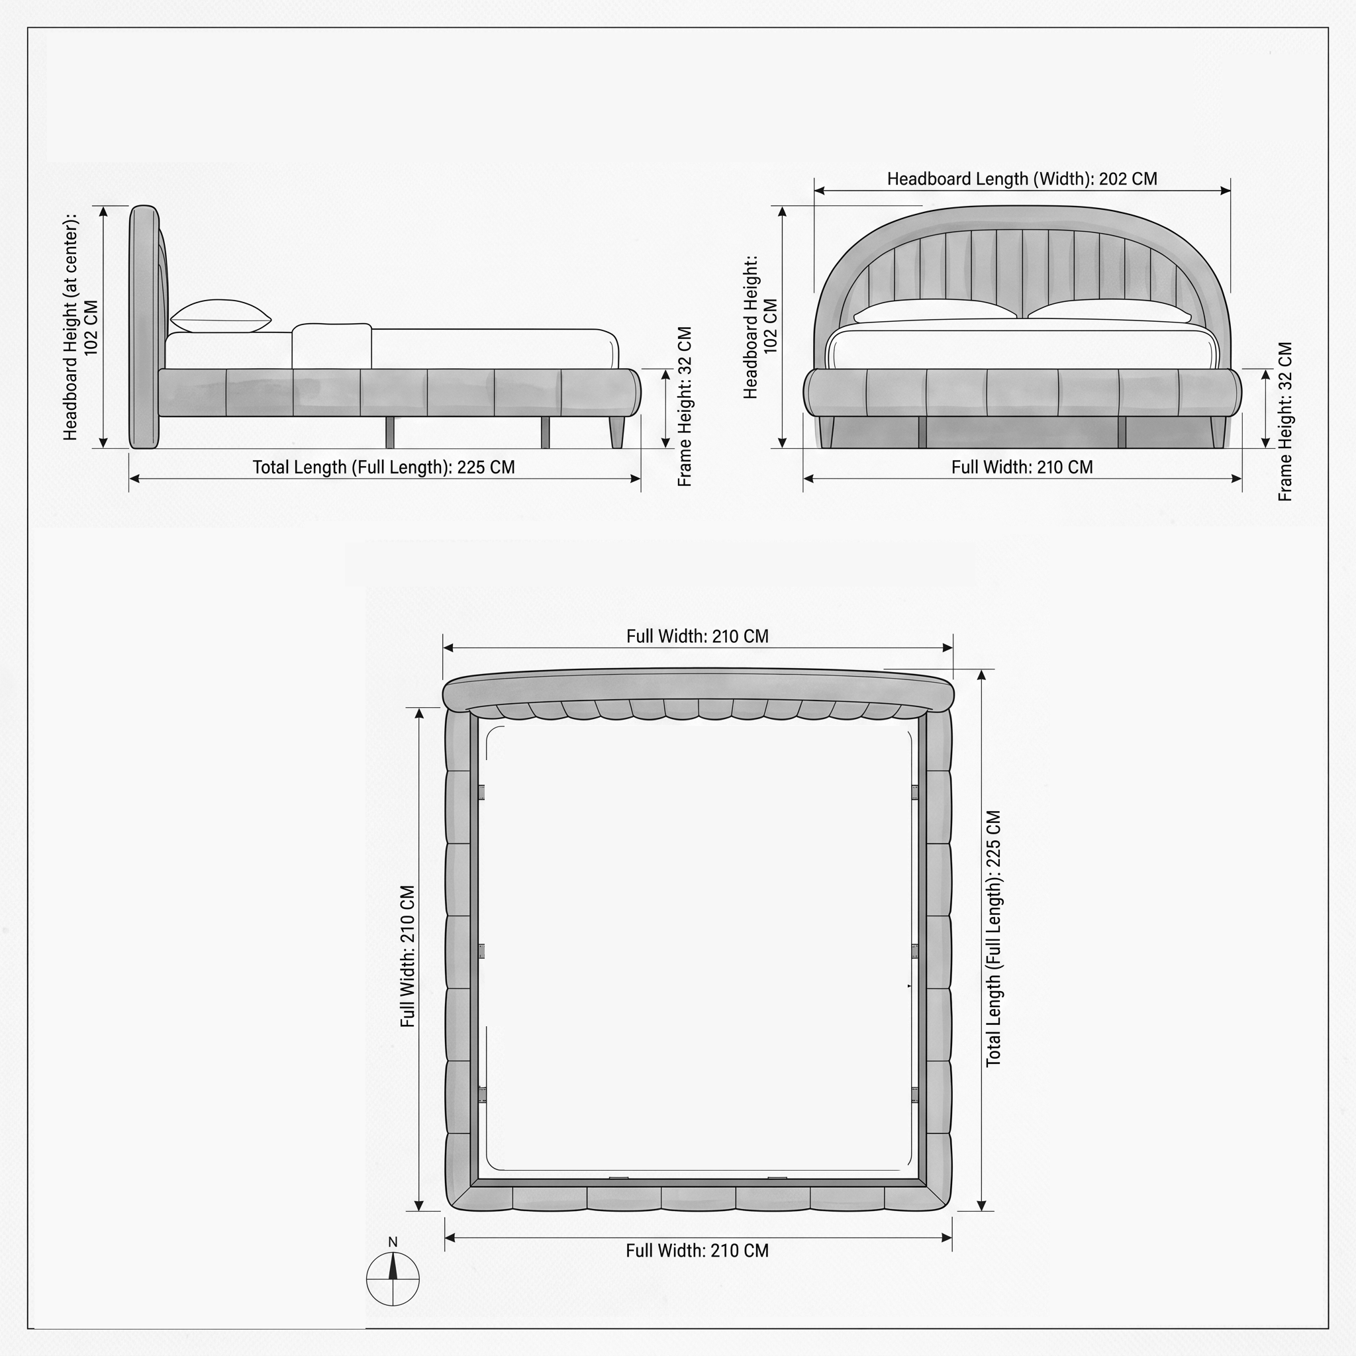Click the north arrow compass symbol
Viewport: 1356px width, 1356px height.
click(x=393, y=1279)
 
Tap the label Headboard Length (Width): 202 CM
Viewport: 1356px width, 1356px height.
click(x=1022, y=179)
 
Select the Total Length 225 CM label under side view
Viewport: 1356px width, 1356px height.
click(x=383, y=467)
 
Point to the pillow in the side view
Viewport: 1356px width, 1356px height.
click(x=220, y=316)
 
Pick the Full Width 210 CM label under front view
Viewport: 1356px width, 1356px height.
click(x=1022, y=467)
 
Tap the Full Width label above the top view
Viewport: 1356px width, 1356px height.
click(x=697, y=636)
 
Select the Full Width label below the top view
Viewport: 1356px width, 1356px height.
click(x=697, y=1251)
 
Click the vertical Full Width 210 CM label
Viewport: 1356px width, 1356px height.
click(x=408, y=956)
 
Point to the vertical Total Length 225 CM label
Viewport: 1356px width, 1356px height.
click(x=993, y=939)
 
